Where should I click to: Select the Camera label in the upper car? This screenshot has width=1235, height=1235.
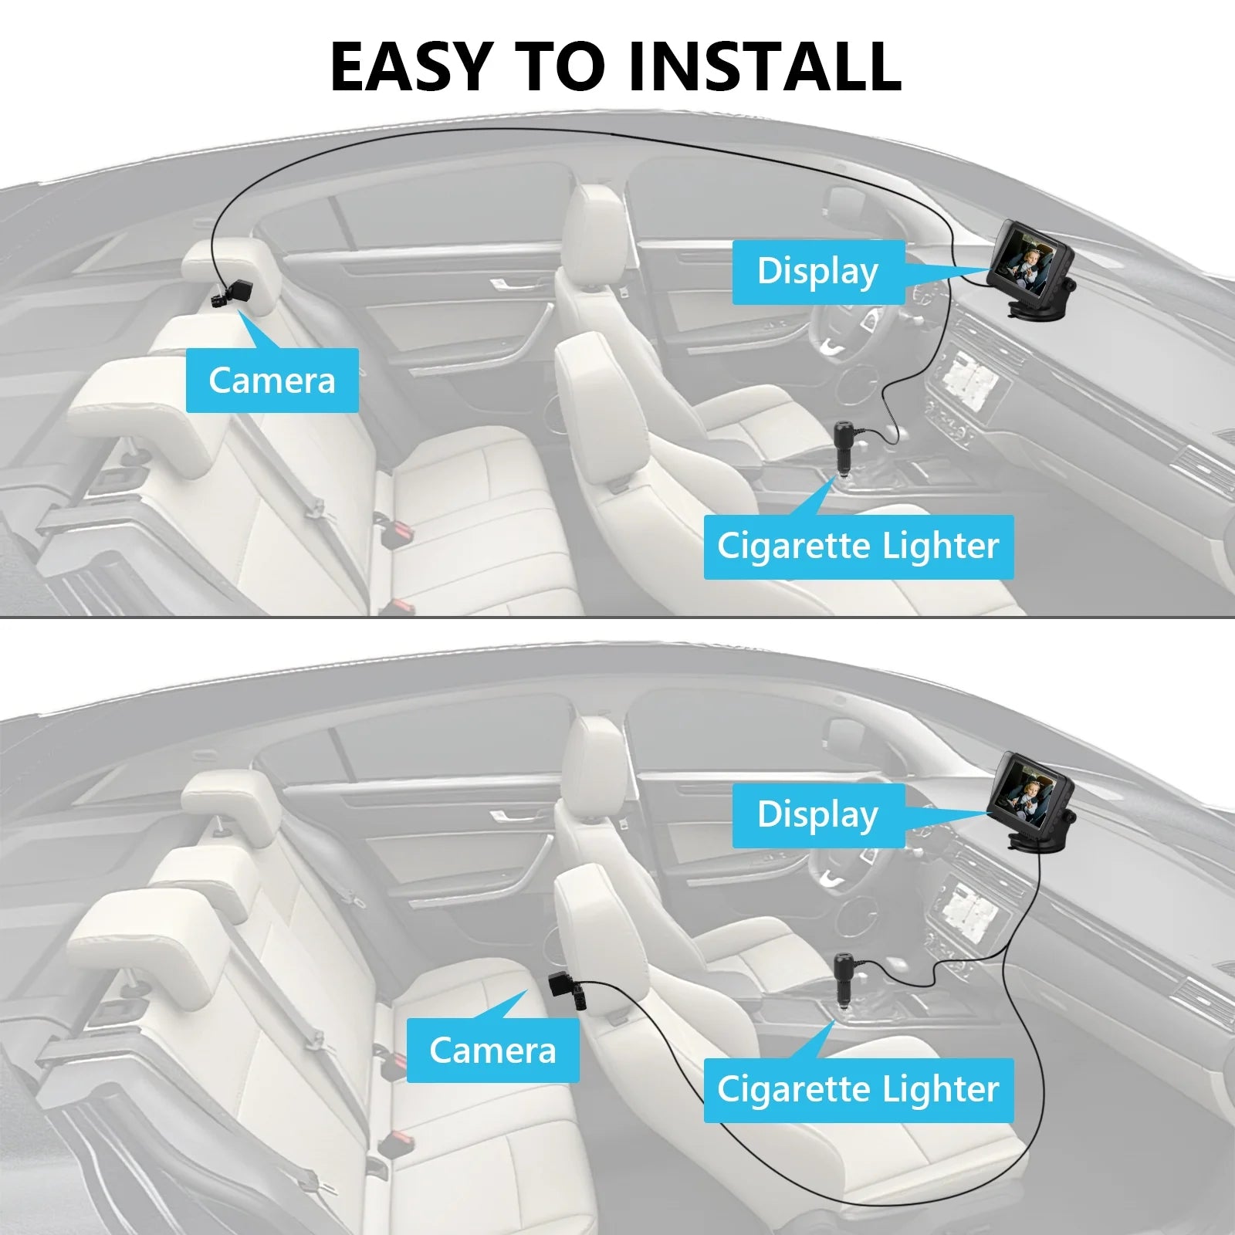tap(272, 380)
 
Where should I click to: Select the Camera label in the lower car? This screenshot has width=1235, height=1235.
tap(492, 1050)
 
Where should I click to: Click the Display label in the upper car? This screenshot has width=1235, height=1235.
tap(818, 272)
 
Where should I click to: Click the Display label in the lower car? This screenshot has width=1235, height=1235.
tap(818, 815)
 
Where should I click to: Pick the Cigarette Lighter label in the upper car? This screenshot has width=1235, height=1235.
tap(858, 546)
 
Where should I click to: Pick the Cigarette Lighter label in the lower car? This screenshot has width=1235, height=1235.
tap(858, 1090)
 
